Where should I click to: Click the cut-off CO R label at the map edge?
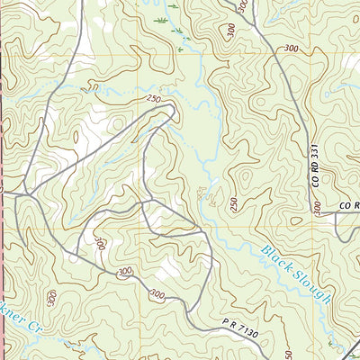point(348,206)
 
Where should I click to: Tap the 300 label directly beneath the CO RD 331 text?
point(317,207)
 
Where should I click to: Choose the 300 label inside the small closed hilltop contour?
point(100,243)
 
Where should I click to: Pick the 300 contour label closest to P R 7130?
point(158,294)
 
